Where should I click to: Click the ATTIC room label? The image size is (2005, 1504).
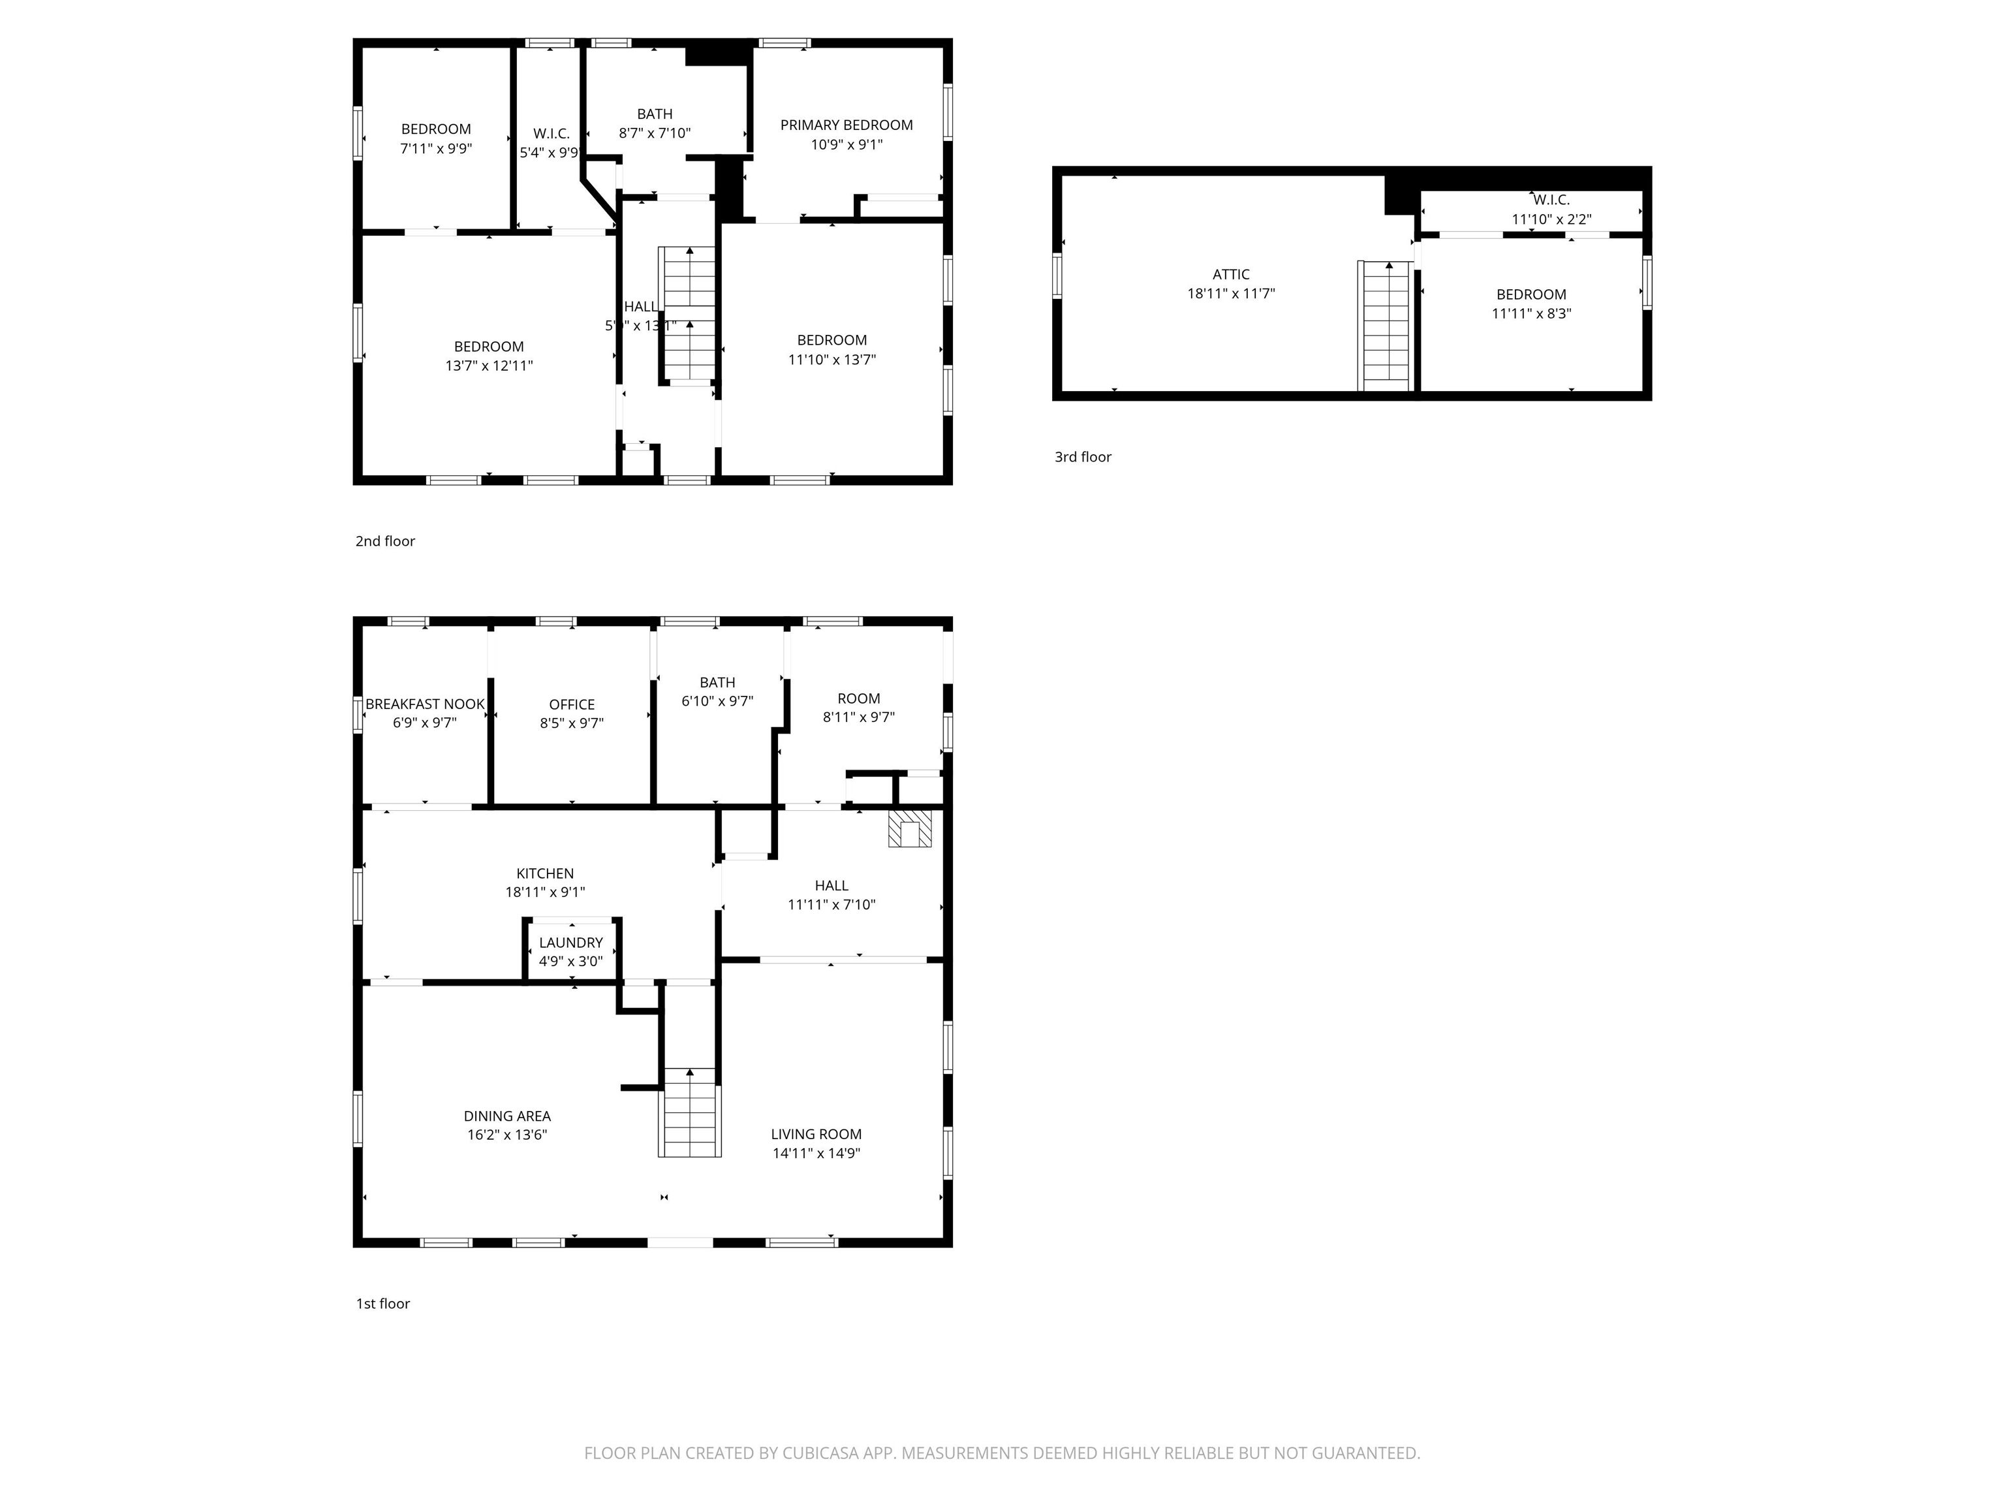[1231, 274]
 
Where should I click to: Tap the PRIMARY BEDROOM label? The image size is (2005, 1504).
[846, 125]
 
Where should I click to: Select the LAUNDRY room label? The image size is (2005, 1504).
[570, 943]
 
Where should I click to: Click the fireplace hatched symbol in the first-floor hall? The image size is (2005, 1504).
[909, 828]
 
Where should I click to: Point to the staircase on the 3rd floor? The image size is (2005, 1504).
[1386, 326]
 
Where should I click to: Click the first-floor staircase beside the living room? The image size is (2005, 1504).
[690, 1113]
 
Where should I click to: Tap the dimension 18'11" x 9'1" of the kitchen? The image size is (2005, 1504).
[545, 892]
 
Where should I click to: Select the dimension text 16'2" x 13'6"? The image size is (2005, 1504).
[506, 1135]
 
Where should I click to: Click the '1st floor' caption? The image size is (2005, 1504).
[382, 1304]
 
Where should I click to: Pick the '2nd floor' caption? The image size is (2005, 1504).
[384, 541]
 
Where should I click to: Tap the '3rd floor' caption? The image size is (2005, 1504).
[1082, 457]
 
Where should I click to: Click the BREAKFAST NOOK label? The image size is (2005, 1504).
[425, 704]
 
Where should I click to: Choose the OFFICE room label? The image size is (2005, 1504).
[572, 704]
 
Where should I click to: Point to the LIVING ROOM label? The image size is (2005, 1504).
[816, 1134]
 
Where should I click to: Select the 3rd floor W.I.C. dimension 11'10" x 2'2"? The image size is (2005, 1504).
[1551, 219]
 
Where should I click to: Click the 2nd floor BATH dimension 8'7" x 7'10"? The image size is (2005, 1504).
[655, 133]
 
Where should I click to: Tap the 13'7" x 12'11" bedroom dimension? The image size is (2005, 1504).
[489, 366]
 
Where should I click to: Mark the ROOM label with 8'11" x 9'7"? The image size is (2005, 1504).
[858, 698]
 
